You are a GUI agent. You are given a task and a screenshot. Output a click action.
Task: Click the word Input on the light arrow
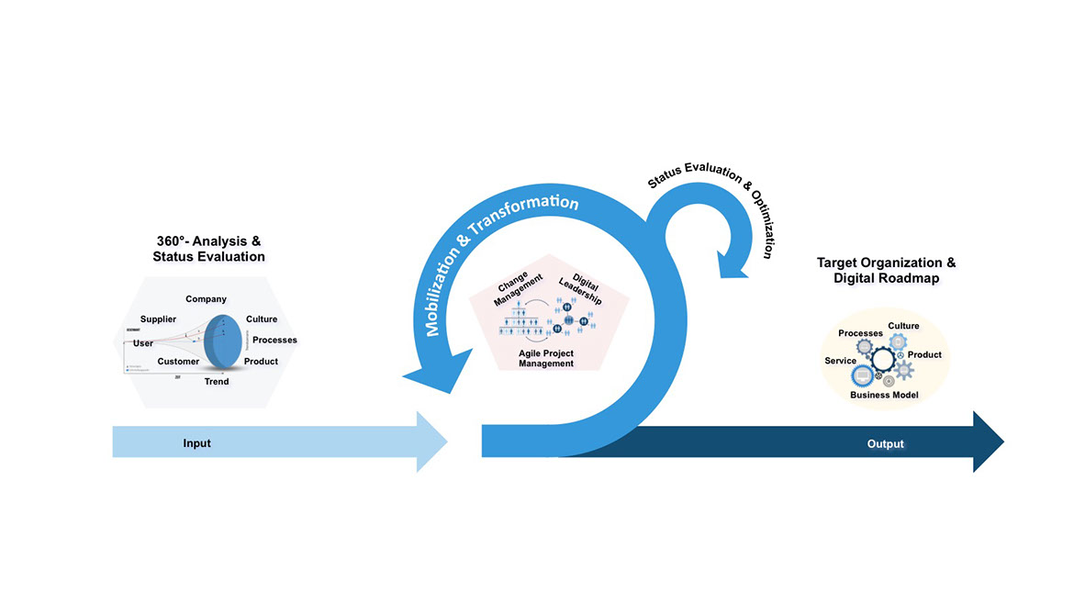coord(196,443)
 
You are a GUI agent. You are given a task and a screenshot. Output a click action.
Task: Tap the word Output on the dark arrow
coord(886,444)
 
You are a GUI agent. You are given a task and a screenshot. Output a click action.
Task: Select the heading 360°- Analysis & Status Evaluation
coord(208,249)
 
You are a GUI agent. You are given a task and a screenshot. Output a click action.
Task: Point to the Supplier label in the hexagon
coord(158,319)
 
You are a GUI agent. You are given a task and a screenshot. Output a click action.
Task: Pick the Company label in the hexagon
coord(206,299)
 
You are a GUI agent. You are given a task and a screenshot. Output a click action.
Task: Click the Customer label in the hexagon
coord(178,362)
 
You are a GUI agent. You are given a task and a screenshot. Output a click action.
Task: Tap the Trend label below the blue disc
coord(217,381)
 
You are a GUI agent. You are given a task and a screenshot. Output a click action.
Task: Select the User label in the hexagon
coord(143,343)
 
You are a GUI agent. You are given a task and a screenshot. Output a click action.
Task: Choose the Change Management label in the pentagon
coord(520,289)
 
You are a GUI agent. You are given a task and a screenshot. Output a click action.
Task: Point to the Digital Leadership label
coord(581,290)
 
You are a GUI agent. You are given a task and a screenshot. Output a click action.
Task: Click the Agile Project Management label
coord(546,358)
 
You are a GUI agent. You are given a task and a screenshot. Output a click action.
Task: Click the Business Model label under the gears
coord(884,395)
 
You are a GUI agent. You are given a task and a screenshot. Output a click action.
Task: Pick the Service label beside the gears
coord(840,361)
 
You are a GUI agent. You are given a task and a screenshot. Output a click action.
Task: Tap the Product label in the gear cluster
coord(924,355)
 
